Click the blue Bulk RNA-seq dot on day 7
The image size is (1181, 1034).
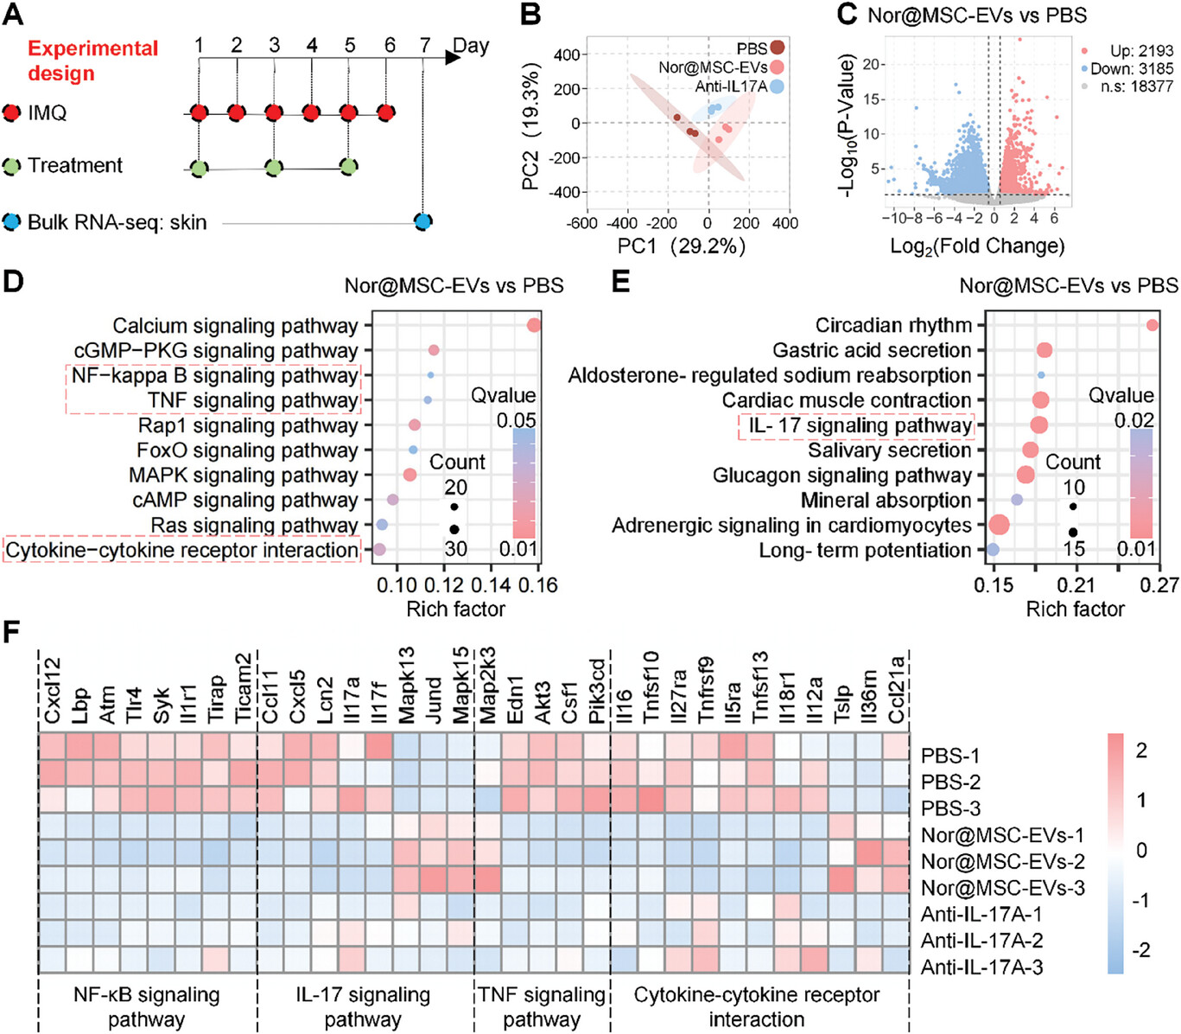pos(422,222)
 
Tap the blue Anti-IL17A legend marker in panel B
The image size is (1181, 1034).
pos(777,86)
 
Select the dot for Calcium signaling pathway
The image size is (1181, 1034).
pos(533,325)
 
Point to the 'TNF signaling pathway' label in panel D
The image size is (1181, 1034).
pos(252,400)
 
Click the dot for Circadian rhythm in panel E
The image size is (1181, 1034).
pos(1152,325)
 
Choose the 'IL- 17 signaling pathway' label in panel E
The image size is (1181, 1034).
pos(860,425)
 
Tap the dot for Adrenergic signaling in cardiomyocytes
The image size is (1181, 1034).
pos(1000,525)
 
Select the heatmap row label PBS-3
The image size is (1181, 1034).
pos(950,808)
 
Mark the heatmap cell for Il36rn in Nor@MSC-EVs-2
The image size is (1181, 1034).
pos(870,853)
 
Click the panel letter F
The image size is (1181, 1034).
pos(11,632)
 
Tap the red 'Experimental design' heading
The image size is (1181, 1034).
pos(92,61)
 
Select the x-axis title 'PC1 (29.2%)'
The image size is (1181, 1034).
pos(681,246)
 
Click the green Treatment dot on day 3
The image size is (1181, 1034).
pos(274,167)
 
